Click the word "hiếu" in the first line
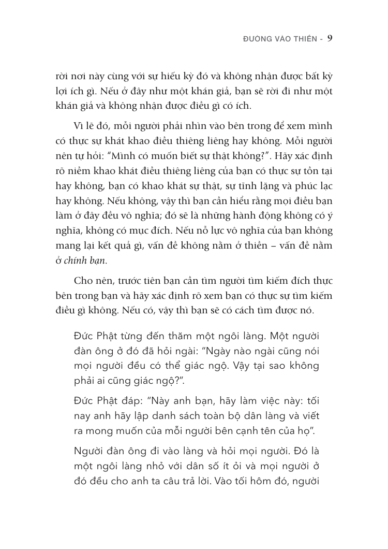pos(162,77)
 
